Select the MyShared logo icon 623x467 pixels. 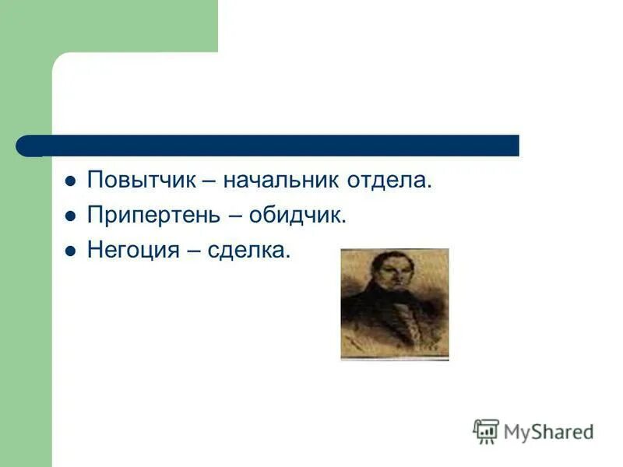(486, 431)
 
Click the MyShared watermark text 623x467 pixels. (549, 431)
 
